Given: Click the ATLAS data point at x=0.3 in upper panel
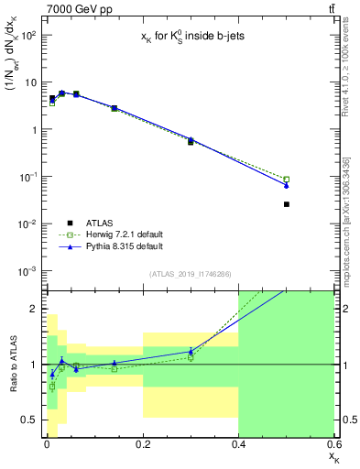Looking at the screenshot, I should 191,142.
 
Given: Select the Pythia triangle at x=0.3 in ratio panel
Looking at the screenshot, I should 191,351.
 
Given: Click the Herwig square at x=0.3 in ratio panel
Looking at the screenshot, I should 191,357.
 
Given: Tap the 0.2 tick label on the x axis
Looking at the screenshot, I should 142,444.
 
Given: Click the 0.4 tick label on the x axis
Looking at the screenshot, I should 238,444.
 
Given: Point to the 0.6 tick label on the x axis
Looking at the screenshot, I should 333,444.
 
